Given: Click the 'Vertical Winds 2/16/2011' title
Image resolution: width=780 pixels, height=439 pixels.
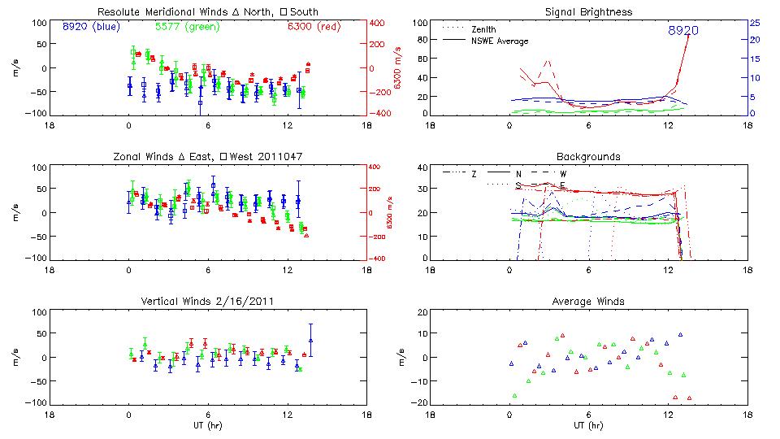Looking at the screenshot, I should tap(207, 302).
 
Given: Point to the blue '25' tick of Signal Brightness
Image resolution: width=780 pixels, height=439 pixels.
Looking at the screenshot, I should tap(754, 23).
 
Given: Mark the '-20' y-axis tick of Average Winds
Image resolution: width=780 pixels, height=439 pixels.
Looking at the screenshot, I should tap(419, 403).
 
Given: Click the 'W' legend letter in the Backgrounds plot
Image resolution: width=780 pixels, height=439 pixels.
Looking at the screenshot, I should tap(563, 174).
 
